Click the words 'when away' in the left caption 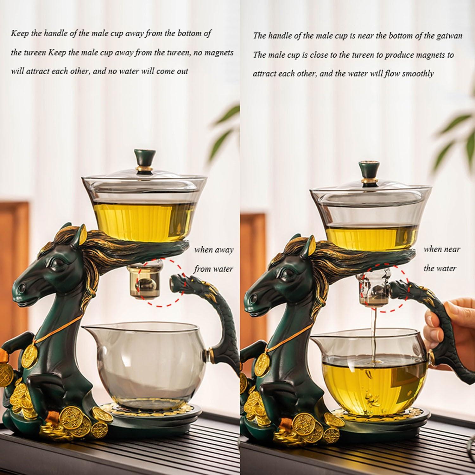point(214,250)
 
